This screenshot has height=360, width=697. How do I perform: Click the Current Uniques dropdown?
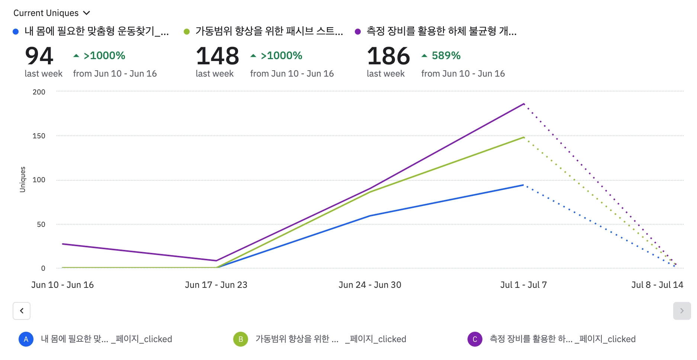click(x=52, y=13)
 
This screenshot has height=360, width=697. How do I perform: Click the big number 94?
click(x=39, y=56)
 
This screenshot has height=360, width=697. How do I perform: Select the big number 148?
click(x=217, y=56)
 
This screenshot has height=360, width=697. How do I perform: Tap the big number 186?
click(x=388, y=56)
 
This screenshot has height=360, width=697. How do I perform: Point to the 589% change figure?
click(x=446, y=56)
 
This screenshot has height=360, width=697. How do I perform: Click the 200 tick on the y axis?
click(x=39, y=92)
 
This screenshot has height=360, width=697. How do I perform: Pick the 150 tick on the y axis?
click(x=39, y=136)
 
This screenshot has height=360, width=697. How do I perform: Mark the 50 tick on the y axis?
click(x=41, y=224)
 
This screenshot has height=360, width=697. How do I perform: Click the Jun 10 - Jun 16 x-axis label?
click(x=62, y=285)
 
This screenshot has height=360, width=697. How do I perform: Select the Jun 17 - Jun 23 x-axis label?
click(x=216, y=285)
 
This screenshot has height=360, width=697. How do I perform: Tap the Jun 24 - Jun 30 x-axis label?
click(x=370, y=285)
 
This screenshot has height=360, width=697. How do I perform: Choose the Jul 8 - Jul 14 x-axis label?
click(x=657, y=285)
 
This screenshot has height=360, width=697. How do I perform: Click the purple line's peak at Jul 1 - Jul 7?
click(x=524, y=104)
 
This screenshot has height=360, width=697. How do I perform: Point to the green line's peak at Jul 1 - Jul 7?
click(x=524, y=138)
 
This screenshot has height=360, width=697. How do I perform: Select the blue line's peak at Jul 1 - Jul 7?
click(x=523, y=185)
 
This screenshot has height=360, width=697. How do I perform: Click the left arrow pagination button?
click(x=22, y=311)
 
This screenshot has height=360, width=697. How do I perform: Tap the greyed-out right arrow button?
click(x=682, y=311)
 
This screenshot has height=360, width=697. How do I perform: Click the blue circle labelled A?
click(x=26, y=339)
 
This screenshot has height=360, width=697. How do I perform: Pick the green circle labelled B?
click(x=241, y=339)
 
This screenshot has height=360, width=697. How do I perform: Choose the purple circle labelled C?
click(x=475, y=339)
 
